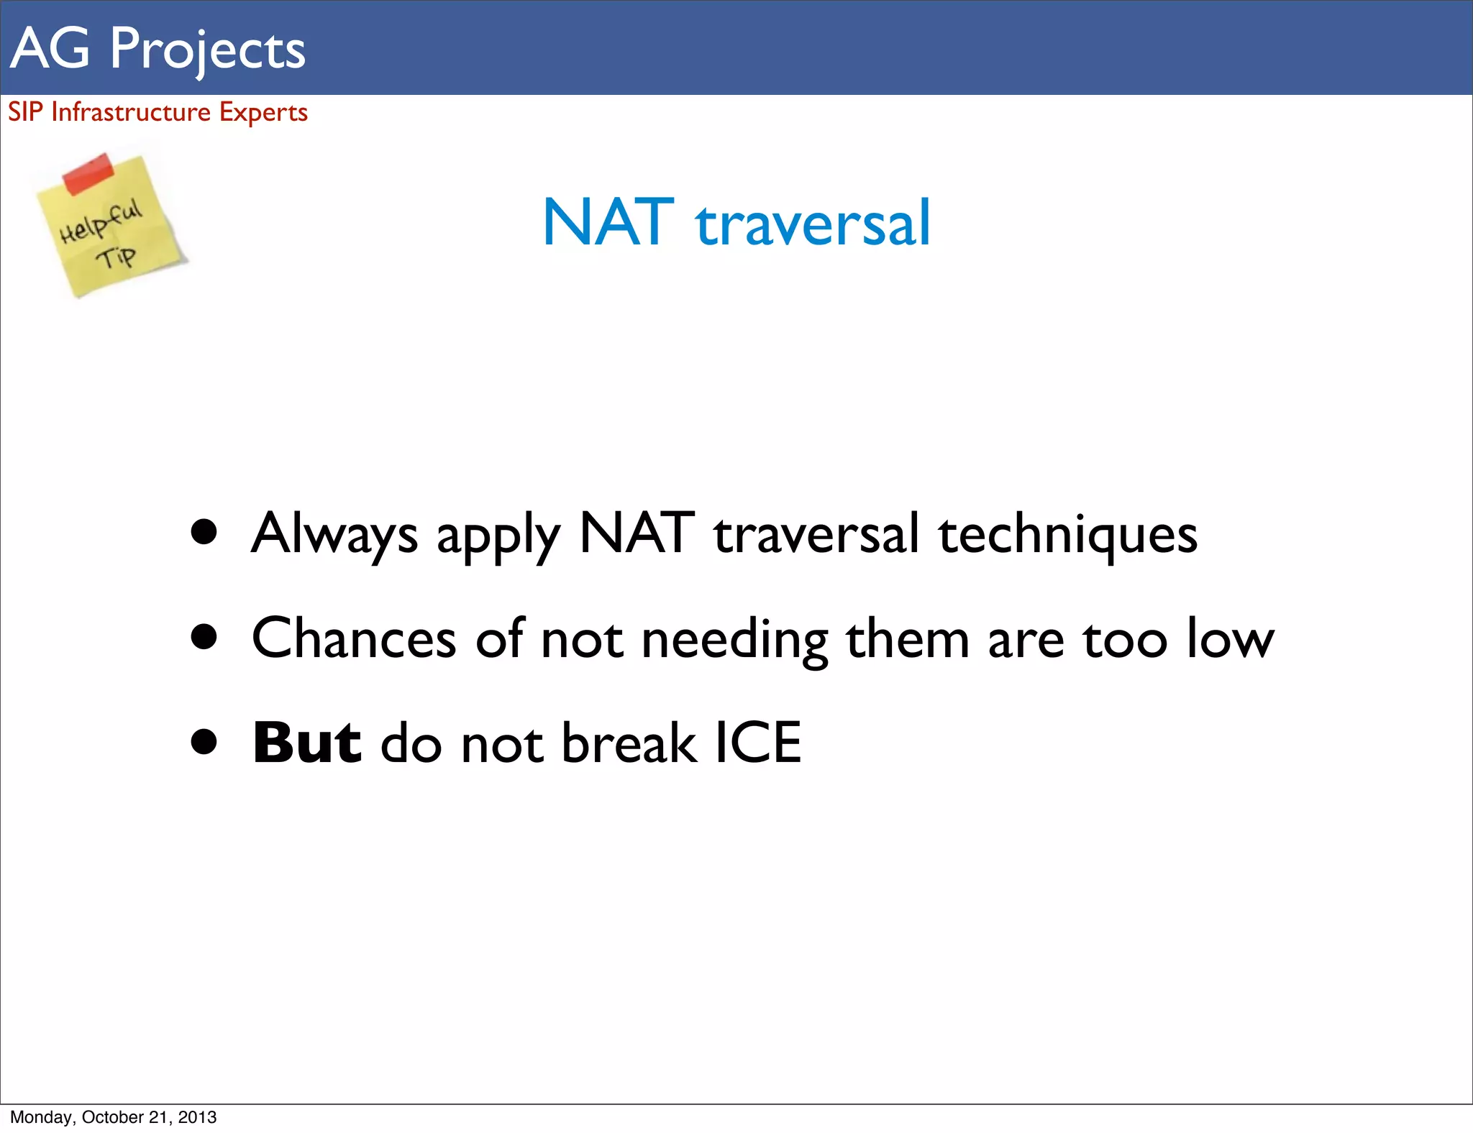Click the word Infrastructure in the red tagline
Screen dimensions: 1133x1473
tap(131, 112)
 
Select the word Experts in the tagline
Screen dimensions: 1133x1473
tap(263, 113)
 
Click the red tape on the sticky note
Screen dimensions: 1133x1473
tap(88, 173)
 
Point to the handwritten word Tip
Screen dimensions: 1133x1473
tap(117, 257)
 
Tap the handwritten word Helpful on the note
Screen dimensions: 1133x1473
tap(101, 221)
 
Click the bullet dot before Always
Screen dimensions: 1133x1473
tap(204, 532)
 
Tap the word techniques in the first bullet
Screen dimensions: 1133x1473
tap(1068, 536)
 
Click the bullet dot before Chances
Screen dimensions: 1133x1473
tap(204, 636)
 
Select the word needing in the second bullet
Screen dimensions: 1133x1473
tap(734, 640)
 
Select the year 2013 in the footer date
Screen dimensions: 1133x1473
tap(197, 1117)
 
